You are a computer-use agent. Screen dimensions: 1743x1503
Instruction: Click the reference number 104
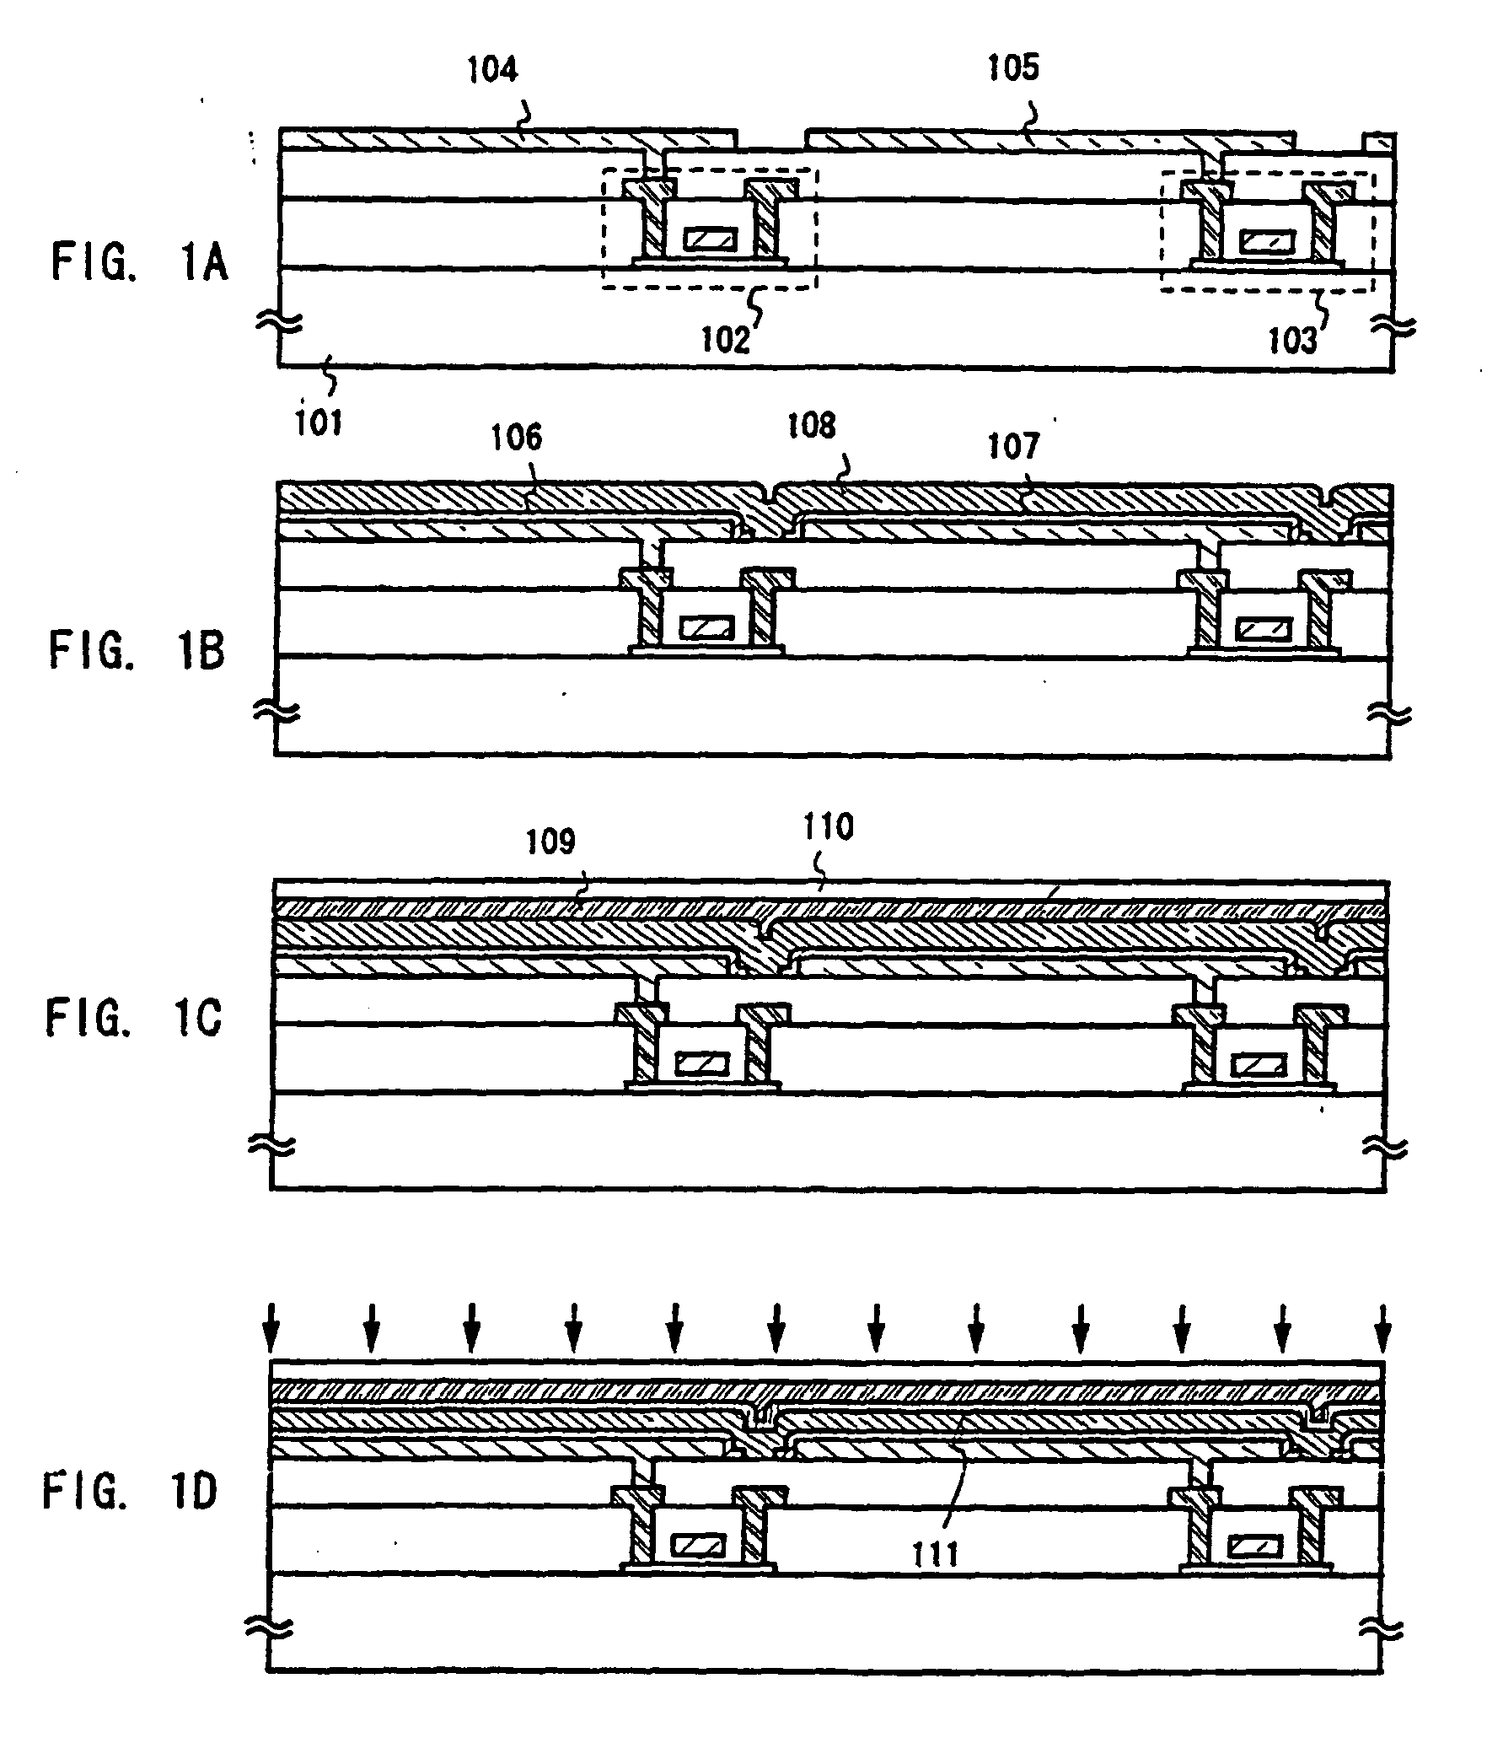click(493, 70)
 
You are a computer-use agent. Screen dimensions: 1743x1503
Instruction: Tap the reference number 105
click(1014, 68)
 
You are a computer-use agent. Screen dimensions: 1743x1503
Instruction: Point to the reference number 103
click(1292, 341)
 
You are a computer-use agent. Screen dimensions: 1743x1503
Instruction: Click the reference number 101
click(318, 422)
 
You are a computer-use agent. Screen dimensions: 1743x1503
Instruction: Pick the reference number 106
click(518, 438)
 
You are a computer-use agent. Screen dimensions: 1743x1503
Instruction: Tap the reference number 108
click(812, 426)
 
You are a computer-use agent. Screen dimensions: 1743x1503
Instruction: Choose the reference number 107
click(1014, 445)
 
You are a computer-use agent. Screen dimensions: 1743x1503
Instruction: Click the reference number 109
click(551, 842)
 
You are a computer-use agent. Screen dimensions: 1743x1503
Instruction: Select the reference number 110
click(829, 827)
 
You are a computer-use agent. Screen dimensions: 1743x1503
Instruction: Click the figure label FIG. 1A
click(140, 261)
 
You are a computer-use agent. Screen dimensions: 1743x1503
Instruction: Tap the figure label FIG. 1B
click(137, 651)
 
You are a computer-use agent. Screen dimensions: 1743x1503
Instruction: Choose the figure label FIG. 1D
click(132, 1491)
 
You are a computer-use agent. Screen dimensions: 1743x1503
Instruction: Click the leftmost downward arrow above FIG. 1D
click(271, 1327)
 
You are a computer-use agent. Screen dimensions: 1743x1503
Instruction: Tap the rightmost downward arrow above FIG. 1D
click(1382, 1327)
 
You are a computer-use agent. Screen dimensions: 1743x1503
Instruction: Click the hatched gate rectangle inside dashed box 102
click(710, 240)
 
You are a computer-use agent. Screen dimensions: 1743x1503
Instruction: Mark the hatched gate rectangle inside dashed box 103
click(1267, 244)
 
